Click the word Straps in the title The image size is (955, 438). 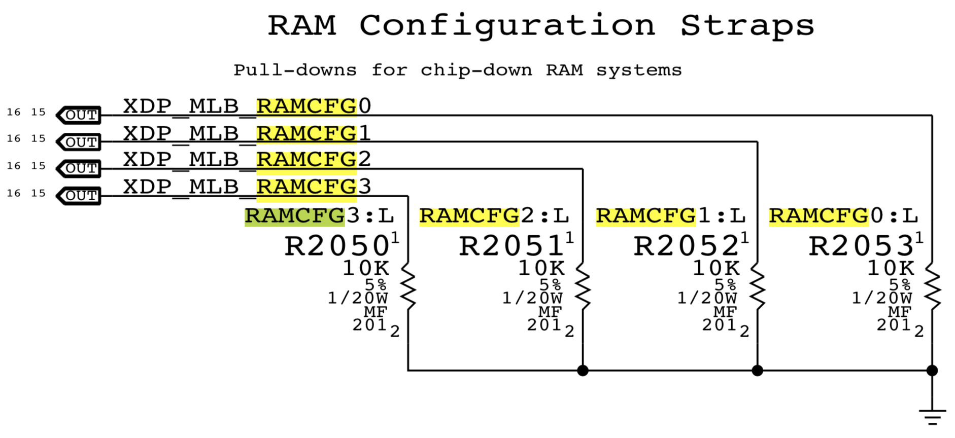[x=747, y=25]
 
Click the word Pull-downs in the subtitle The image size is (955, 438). [x=295, y=70]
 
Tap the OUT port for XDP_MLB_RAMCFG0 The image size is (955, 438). [x=79, y=115]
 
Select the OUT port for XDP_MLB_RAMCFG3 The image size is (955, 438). [x=79, y=196]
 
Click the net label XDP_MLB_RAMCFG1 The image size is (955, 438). [x=247, y=133]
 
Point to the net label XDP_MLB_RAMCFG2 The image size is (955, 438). [x=247, y=160]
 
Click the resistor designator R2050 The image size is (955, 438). [x=337, y=246]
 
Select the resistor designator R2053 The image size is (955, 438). [x=861, y=246]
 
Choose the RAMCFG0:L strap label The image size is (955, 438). [x=843, y=216]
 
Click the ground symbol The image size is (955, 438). [x=932, y=416]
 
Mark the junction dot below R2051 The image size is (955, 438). [x=583, y=371]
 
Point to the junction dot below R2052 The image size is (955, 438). [x=758, y=371]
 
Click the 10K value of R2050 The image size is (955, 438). [x=366, y=268]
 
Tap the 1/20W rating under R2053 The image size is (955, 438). [x=882, y=298]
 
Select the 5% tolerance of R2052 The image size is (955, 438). [x=725, y=284]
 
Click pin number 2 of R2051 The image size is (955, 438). [x=569, y=332]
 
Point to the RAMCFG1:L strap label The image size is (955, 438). [x=670, y=216]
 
